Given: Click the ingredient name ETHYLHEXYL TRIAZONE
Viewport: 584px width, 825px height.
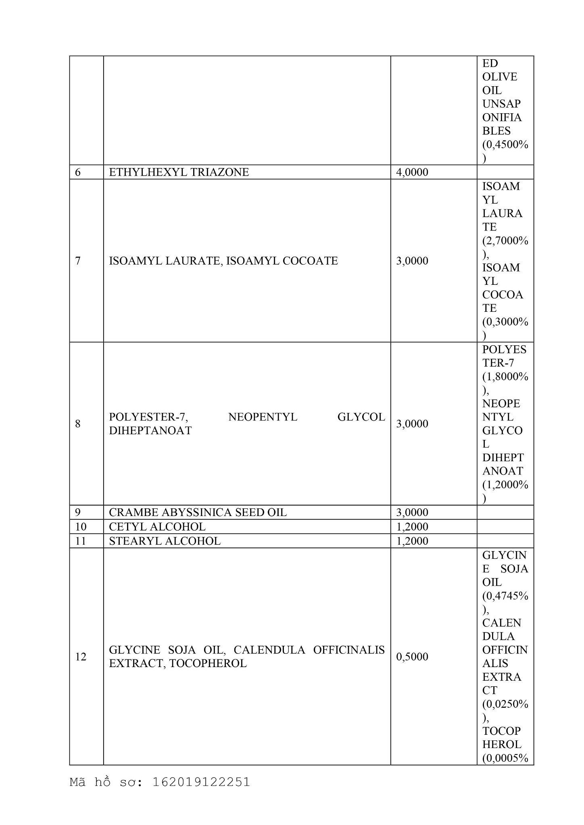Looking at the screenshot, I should [179, 172].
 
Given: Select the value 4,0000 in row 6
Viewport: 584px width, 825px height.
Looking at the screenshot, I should [412, 172].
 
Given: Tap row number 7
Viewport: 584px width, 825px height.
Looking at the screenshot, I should [78, 261].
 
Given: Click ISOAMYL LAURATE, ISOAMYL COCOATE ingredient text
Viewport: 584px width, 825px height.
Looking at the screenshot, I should [223, 261].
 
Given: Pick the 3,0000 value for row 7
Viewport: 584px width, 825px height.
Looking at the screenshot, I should [412, 261].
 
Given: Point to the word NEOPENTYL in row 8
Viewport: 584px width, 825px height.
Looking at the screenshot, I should [263, 417].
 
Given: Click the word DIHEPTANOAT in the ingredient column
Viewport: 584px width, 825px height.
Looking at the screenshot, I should [150, 431].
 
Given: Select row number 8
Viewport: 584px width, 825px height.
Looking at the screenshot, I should [78, 423].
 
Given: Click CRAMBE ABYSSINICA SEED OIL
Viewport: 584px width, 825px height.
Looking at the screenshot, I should [198, 512].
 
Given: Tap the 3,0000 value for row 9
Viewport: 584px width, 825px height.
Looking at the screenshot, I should [412, 512].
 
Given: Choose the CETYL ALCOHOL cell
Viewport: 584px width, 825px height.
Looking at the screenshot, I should [157, 527].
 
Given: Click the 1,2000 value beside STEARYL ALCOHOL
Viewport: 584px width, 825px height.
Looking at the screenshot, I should [412, 541].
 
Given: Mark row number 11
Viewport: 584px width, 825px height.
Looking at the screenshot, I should [81, 541].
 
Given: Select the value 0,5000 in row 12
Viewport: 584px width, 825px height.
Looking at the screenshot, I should [412, 657].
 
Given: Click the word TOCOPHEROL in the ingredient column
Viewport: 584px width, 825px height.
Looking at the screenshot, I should [208, 663].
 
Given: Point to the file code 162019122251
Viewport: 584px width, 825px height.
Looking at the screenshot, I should [201, 782].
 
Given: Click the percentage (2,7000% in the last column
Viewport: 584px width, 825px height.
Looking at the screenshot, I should [505, 240].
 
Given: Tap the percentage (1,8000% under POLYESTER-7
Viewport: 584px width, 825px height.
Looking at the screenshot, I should [505, 376].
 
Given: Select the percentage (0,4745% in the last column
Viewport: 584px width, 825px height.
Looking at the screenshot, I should [505, 596].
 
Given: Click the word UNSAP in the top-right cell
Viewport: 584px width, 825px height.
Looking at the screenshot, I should [501, 104].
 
